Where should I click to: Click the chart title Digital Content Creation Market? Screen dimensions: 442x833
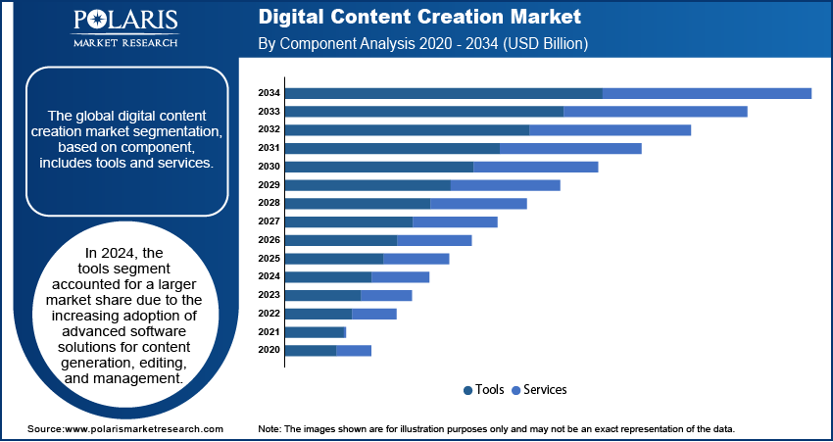(419, 18)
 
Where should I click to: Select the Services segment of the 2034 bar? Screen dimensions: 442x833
(707, 93)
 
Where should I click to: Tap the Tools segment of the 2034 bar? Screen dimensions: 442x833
(443, 93)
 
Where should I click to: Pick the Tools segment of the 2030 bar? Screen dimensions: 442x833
(379, 167)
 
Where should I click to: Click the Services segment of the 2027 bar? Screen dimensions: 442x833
(455, 221)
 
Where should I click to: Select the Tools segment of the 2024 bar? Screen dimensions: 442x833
(328, 277)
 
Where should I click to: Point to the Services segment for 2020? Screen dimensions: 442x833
(354, 350)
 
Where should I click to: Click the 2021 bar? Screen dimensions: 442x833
(315, 332)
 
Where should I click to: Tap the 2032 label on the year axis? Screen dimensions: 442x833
(269, 129)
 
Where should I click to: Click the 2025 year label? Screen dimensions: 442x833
(269, 259)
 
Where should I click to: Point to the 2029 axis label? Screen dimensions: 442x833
(269, 185)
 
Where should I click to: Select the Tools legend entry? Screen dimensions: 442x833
(484, 390)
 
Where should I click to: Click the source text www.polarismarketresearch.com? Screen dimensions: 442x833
(143, 429)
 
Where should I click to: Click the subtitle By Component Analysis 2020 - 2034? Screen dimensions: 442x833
(422, 44)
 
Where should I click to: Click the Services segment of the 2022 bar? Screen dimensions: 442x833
(373, 314)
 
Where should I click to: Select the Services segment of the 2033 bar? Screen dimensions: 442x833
(655, 112)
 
